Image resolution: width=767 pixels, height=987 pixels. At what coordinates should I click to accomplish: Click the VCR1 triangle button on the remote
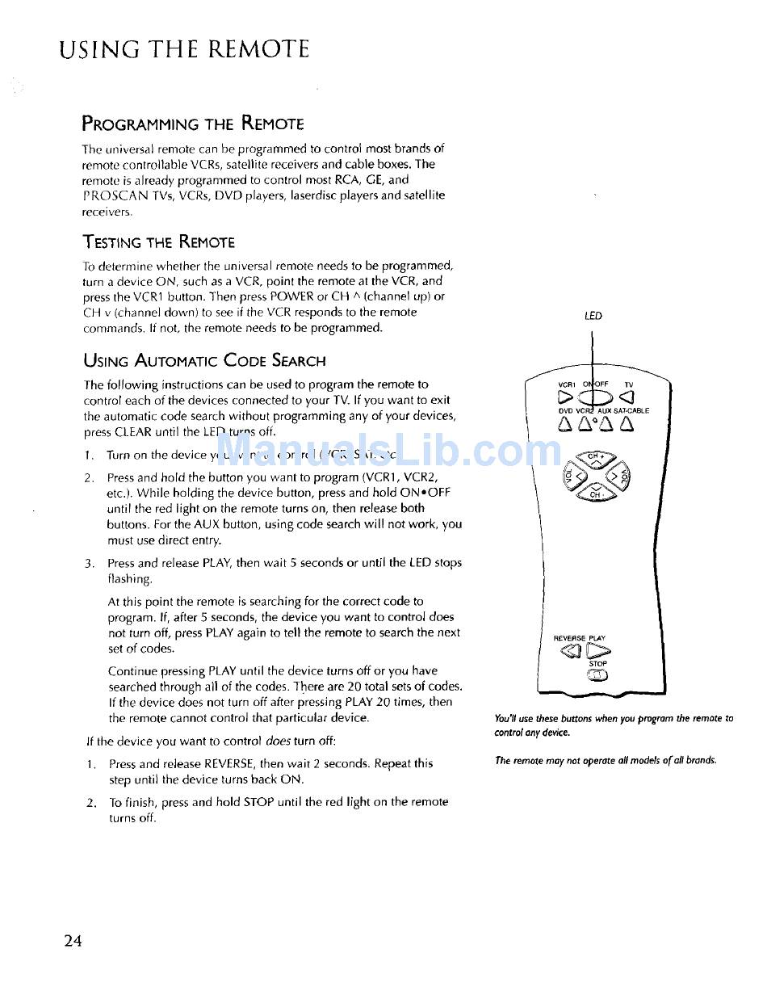click(565, 397)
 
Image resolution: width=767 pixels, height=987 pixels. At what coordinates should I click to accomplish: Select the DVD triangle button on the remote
click(565, 423)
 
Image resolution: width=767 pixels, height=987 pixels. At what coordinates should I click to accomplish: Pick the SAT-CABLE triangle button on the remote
click(626, 423)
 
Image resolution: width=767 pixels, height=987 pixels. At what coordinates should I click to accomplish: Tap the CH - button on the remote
click(595, 493)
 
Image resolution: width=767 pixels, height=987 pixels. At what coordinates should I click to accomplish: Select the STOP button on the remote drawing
click(598, 677)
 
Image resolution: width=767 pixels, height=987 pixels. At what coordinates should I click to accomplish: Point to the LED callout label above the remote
click(593, 316)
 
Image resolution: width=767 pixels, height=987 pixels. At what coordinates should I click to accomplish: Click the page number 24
click(73, 941)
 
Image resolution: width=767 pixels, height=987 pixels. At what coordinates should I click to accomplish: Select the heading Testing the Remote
click(158, 242)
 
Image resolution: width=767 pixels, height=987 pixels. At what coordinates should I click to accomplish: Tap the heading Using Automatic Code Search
click(204, 360)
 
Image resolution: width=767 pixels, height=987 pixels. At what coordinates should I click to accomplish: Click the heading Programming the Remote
click(193, 124)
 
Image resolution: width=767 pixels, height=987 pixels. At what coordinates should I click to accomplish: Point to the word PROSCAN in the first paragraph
click(111, 195)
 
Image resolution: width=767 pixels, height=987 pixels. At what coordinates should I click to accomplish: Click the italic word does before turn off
click(278, 741)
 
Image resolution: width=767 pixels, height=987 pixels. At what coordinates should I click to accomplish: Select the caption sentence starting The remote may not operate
click(606, 760)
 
